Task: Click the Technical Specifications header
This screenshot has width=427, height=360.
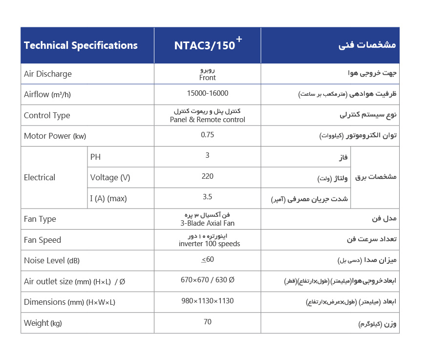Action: point(81,45)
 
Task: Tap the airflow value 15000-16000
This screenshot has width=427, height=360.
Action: point(207,93)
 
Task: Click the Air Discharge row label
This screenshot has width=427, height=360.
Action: point(48,74)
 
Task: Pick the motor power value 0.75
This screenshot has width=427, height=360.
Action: point(207,135)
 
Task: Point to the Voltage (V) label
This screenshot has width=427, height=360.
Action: point(110,177)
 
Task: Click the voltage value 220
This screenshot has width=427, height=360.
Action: point(207,176)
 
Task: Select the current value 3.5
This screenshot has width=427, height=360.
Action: point(207,197)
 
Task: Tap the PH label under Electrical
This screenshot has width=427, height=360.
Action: point(96,157)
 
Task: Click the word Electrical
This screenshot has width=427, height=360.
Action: point(40,177)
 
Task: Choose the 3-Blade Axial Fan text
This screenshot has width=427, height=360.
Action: point(207,223)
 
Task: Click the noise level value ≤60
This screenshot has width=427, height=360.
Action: point(208,259)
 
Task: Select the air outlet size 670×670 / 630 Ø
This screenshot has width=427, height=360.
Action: point(207,280)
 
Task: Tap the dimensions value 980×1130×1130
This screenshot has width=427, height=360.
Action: point(207,301)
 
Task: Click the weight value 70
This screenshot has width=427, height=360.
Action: point(207,321)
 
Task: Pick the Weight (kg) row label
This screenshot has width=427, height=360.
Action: point(43,323)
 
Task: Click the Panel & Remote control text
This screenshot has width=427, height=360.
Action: point(207,120)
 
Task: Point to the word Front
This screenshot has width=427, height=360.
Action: point(207,78)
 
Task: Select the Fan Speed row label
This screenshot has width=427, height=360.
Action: point(43,240)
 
